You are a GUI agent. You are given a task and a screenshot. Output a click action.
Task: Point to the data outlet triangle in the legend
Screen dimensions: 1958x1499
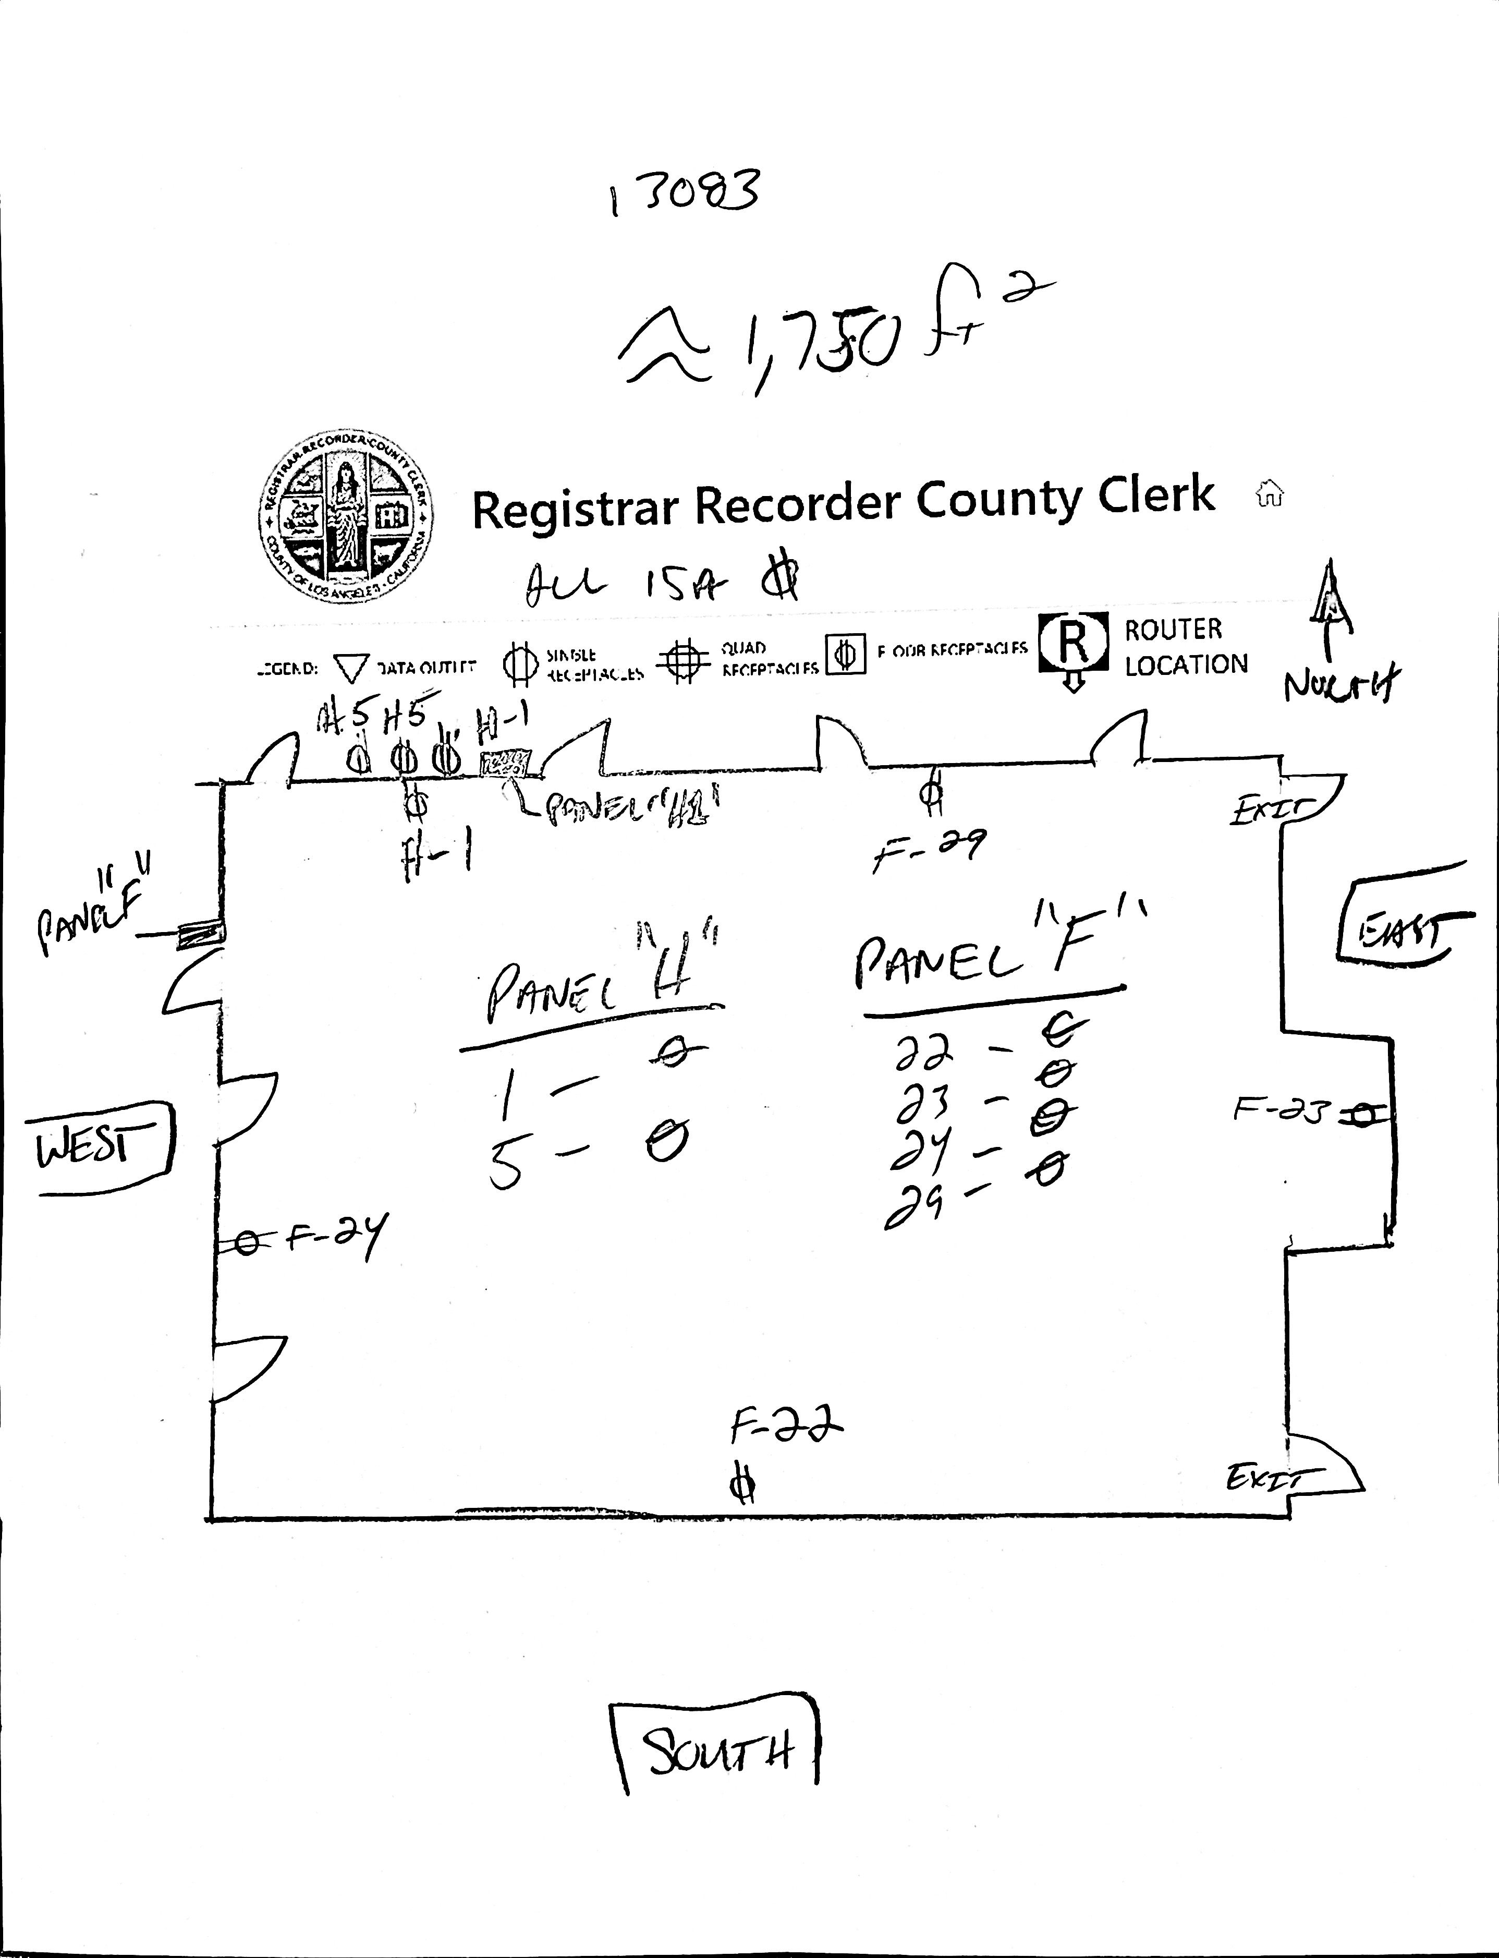coord(351,668)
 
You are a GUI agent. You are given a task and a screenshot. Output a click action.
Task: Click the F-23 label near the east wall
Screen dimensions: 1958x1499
coord(1281,1111)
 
